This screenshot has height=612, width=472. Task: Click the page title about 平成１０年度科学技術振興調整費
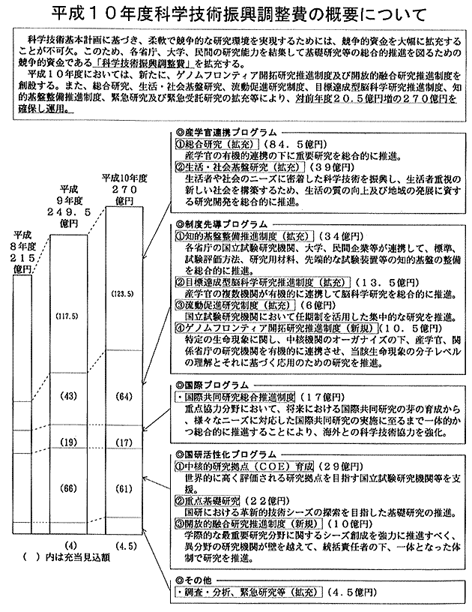236,14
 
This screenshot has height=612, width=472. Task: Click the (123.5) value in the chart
122,292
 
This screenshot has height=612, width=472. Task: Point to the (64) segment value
123,395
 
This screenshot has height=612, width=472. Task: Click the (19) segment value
71,442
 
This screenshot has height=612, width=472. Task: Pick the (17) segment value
123,442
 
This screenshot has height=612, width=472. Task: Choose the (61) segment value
123,488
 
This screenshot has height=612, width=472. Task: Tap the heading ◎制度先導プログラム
219,223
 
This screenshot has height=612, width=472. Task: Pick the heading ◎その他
195,579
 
